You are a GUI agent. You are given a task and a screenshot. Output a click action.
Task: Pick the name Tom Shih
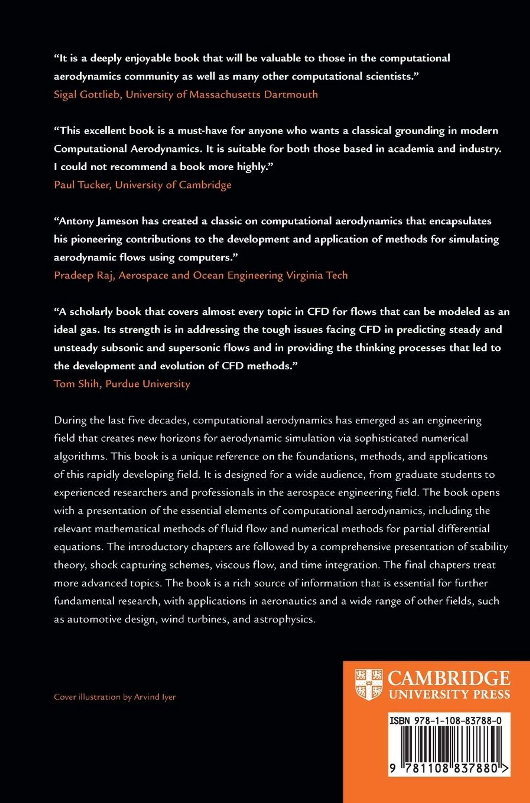(76, 384)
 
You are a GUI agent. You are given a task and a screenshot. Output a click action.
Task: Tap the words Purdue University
(148, 384)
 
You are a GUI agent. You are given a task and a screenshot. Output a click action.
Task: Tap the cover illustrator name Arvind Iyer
(155, 697)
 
